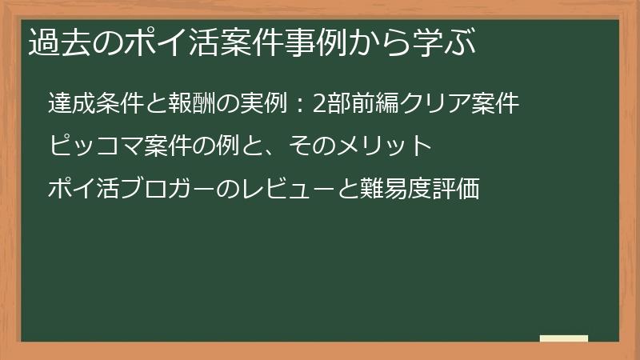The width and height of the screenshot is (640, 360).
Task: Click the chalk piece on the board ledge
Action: (x=563, y=338)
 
